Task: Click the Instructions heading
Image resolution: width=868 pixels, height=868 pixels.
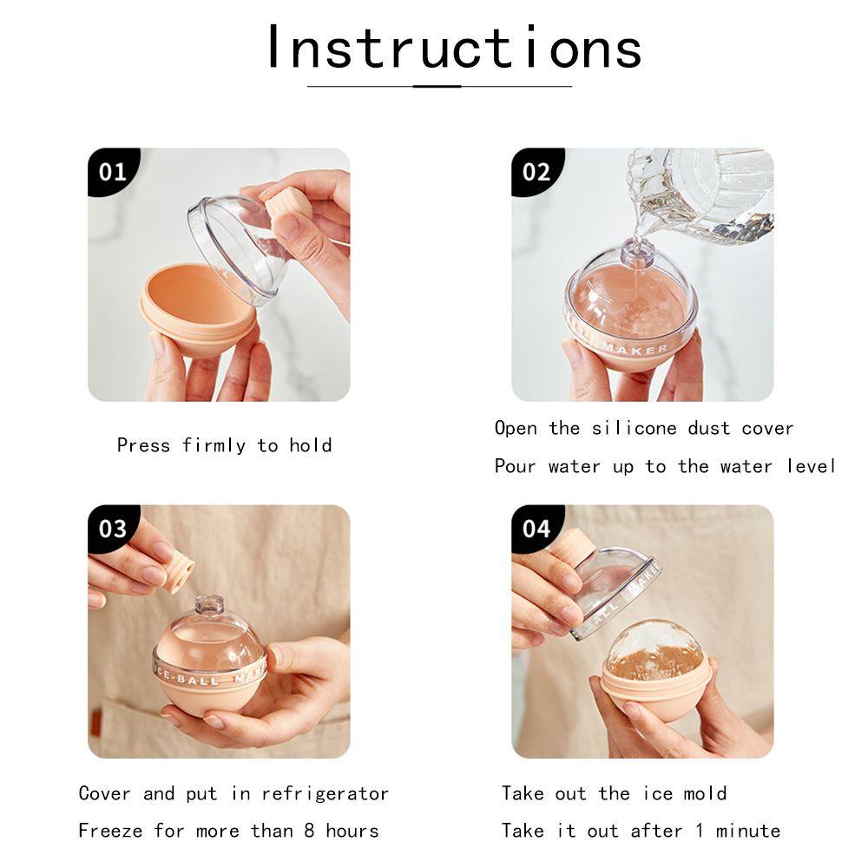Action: point(454,47)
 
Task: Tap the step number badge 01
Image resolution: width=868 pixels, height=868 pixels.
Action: point(113,172)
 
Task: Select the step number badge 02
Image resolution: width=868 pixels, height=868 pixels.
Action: point(536,172)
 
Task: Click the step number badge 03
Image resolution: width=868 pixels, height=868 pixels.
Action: point(113,529)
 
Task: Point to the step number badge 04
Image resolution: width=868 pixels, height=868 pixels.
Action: point(536,529)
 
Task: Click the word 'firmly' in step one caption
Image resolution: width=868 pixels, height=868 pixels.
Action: point(214,446)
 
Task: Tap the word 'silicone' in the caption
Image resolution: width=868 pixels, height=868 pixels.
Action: point(634,428)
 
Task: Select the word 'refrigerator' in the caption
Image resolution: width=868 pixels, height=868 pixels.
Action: point(325,794)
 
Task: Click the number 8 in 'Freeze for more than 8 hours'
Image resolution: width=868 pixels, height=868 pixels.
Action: point(310,831)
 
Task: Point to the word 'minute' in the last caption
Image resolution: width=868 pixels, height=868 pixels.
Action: point(748,831)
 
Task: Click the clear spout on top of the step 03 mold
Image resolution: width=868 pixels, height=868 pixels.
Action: point(209,605)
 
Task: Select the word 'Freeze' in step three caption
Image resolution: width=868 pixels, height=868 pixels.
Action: point(110,831)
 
